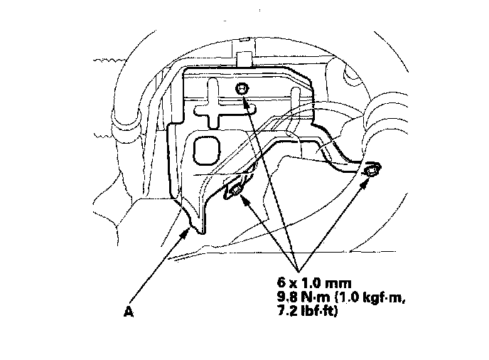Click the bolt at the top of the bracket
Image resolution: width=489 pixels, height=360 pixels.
pyautogui.click(x=242, y=88)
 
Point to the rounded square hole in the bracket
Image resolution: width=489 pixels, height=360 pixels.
pyautogui.click(x=207, y=150)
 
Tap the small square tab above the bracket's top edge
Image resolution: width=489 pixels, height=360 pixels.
pyautogui.click(x=244, y=56)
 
